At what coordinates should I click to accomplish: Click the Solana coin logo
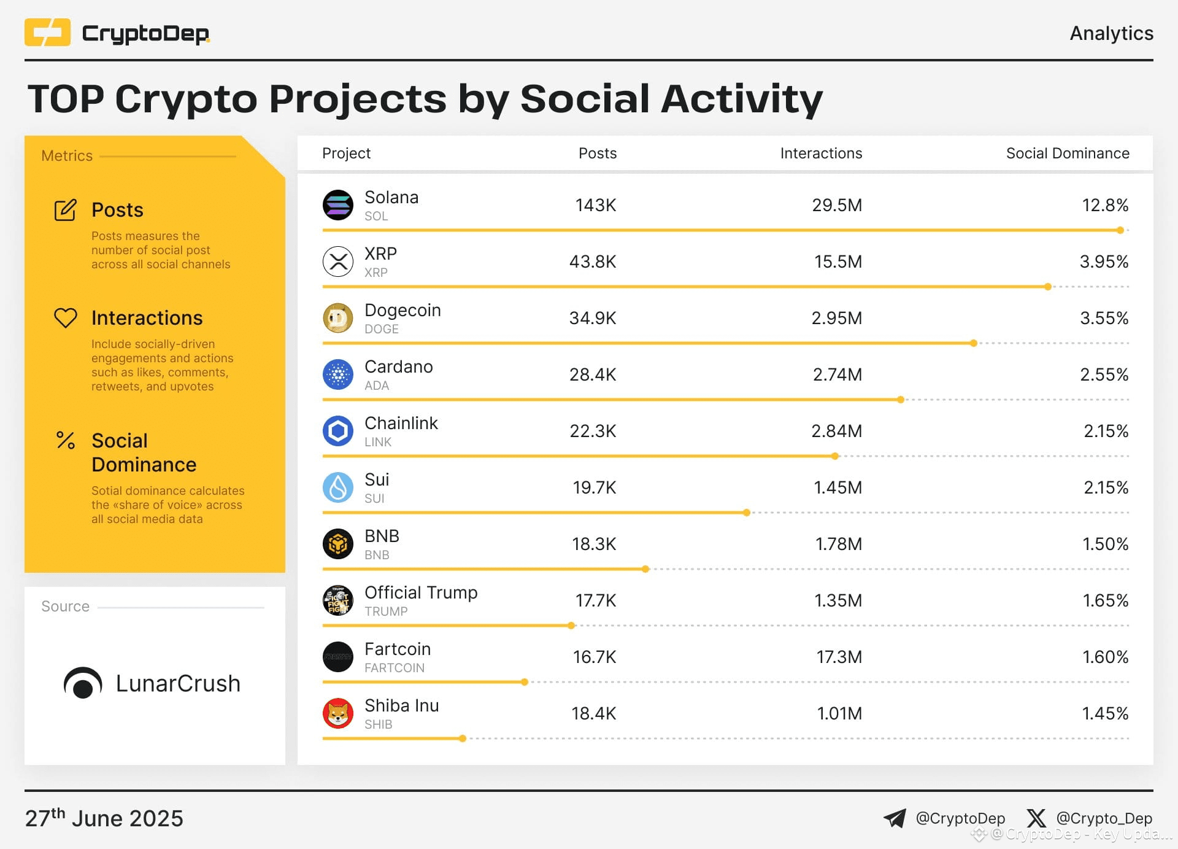coord(337,205)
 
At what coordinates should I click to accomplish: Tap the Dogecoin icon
coord(337,318)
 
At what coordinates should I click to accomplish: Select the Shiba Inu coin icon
coord(337,713)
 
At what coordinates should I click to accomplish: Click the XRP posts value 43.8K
coord(592,262)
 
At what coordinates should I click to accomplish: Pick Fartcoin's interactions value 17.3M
coord(839,657)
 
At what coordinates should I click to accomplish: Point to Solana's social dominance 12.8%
coord(1104,205)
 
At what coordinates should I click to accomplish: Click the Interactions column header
coord(821,153)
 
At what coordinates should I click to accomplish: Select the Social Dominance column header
coord(1067,153)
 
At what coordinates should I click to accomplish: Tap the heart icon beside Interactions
coord(66,317)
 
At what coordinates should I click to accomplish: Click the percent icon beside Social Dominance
coord(66,440)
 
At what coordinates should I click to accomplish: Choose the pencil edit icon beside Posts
coord(66,210)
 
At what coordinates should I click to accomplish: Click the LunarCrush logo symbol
coord(83,683)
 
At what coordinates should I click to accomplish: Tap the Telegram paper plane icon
coord(895,818)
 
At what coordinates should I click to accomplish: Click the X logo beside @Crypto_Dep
coord(1036,818)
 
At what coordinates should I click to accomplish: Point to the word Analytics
coord(1111,33)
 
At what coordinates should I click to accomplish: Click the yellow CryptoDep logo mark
coord(47,33)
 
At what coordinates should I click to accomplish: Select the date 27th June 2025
coord(104,818)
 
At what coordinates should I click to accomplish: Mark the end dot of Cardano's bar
coord(901,400)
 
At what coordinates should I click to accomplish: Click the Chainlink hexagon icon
coord(337,431)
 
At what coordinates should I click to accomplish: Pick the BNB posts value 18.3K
coord(593,544)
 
